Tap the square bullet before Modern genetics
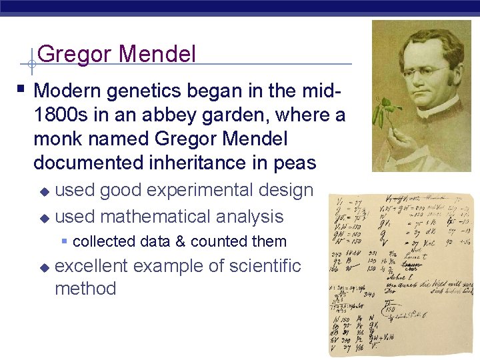(23, 88)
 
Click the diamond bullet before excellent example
(44, 267)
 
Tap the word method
(85, 289)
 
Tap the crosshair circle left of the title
(31, 65)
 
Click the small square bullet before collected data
(64, 241)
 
